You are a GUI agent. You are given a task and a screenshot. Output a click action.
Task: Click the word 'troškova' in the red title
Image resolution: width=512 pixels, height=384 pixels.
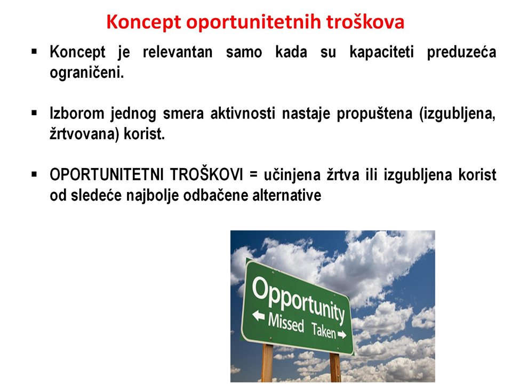click(x=365, y=22)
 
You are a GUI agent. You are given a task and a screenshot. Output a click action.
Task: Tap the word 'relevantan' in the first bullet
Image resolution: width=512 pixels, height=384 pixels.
click(x=178, y=52)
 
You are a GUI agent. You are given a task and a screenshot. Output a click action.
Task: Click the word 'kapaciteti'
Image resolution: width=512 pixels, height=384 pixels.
click(x=381, y=52)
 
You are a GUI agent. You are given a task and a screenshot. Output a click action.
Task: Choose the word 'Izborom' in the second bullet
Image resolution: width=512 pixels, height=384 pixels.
click(x=77, y=113)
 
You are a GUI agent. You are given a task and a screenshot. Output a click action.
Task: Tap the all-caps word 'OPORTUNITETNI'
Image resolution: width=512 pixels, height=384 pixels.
click(x=107, y=174)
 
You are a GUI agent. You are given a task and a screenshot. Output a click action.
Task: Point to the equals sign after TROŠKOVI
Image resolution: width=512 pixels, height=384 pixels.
click(x=253, y=175)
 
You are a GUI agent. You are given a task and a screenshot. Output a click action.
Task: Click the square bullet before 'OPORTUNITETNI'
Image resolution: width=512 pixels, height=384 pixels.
click(x=34, y=174)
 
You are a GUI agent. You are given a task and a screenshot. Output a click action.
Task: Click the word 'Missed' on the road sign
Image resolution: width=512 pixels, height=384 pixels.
click(x=286, y=323)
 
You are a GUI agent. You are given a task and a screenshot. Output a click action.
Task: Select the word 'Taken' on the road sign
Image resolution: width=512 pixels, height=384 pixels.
click(x=324, y=331)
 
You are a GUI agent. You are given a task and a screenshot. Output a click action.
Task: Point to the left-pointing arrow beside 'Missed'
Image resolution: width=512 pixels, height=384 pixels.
click(x=259, y=315)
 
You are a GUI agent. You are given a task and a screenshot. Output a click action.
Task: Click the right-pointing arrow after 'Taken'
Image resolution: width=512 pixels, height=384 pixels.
click(x=342, y=335)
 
